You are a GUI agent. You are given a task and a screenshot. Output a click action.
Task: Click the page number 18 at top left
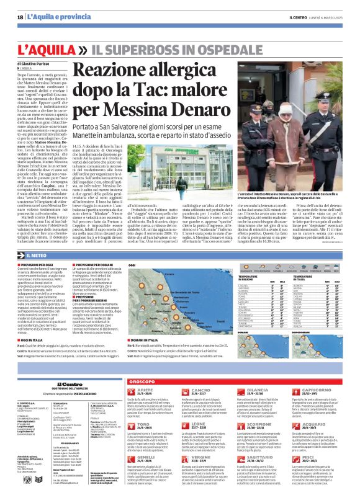[20, 17]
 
